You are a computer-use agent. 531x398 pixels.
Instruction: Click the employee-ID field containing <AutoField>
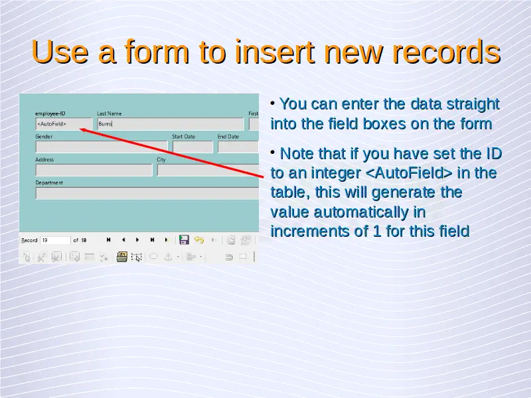(64, 124)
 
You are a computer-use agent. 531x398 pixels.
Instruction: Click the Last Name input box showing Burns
(171, 124)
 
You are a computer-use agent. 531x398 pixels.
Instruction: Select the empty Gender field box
(102, 147)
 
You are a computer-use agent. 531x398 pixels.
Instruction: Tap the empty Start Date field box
(192, 147)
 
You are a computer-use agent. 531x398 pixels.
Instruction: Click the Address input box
(94, 170)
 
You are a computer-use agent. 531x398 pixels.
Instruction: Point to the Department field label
(49, 183)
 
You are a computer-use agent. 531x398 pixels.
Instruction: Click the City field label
(161, 159)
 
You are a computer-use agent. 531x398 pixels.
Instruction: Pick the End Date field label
(228, 137)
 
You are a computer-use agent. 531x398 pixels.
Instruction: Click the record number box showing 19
(55, 240)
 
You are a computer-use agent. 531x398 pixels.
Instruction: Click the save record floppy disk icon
(184, 239)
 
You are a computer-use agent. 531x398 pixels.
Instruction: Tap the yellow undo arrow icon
(199, 240)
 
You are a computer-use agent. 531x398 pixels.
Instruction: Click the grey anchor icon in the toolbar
(169, 257)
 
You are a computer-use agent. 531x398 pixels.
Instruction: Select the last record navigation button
(153, 239)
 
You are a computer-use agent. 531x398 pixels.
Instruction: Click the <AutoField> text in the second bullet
(409, 173)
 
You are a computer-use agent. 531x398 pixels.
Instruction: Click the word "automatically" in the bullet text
(361, 213)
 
